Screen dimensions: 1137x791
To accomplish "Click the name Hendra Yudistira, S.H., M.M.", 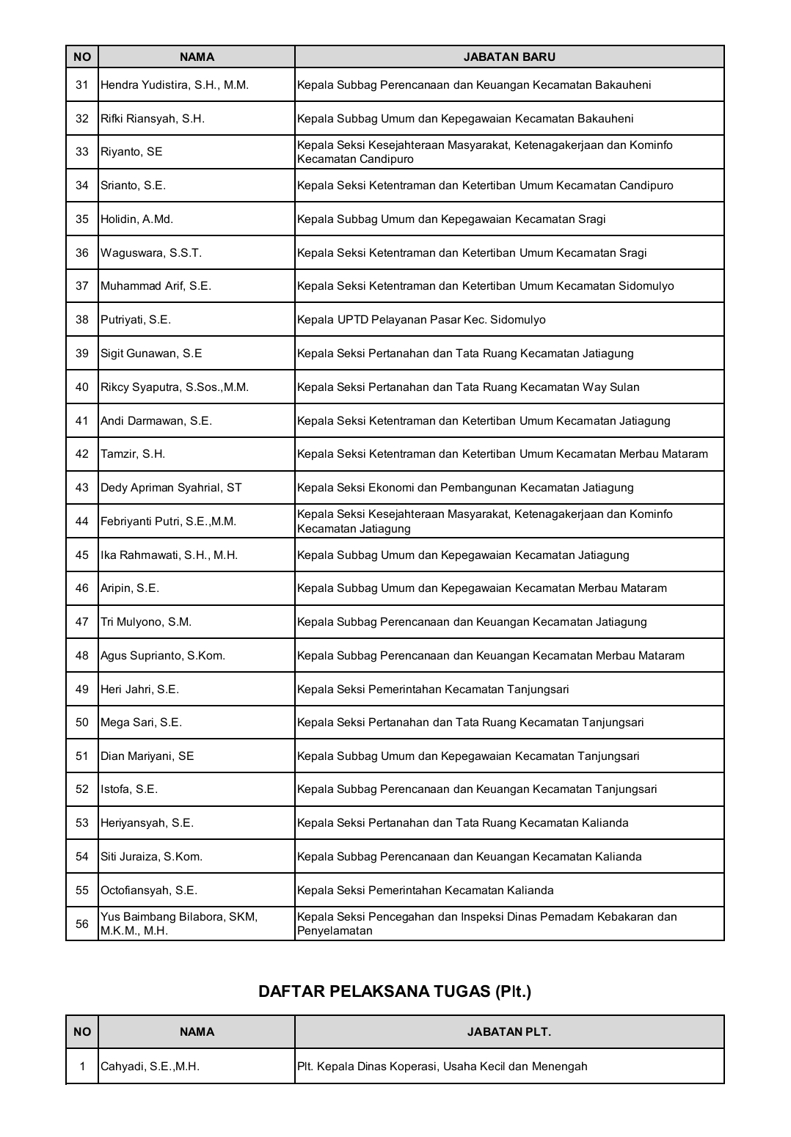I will click(x=175, y=85).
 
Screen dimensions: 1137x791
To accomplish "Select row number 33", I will click(x=82, y=152).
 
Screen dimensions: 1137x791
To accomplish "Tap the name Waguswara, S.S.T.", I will click(x=150, y=253).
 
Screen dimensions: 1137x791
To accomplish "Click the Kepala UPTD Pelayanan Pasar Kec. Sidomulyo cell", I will click(x=421, y=320).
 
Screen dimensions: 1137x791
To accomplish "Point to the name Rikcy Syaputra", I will click(x=175, y=387).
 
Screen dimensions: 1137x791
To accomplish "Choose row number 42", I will click(x=82, y=454).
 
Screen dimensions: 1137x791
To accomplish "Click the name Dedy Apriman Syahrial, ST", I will click(x=171, y=488).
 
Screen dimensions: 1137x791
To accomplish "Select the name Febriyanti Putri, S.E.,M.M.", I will click(x=168, y=522).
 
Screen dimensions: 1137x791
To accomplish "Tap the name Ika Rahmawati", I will click(x=169, y=555).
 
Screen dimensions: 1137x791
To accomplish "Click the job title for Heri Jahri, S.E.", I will click(x=433, y=690).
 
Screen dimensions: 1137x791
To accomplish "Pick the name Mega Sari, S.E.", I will click(x=141, y=723).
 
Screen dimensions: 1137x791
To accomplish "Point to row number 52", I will click(x=82, y=789).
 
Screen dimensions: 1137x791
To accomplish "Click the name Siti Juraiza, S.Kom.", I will click(x=151, y=857).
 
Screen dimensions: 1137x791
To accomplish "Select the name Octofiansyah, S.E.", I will click(x=149, y=891).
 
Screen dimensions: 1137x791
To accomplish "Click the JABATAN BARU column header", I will click(x=509, y=56).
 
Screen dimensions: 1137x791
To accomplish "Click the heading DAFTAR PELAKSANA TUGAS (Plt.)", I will click(x=395, y=992).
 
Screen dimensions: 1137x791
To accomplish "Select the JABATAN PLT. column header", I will click(x=509, y=1032).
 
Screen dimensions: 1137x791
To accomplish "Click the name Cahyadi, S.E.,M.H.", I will click(x=150, y=1067).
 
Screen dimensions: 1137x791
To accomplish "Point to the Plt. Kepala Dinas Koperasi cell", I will click(x=442, y=1067).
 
